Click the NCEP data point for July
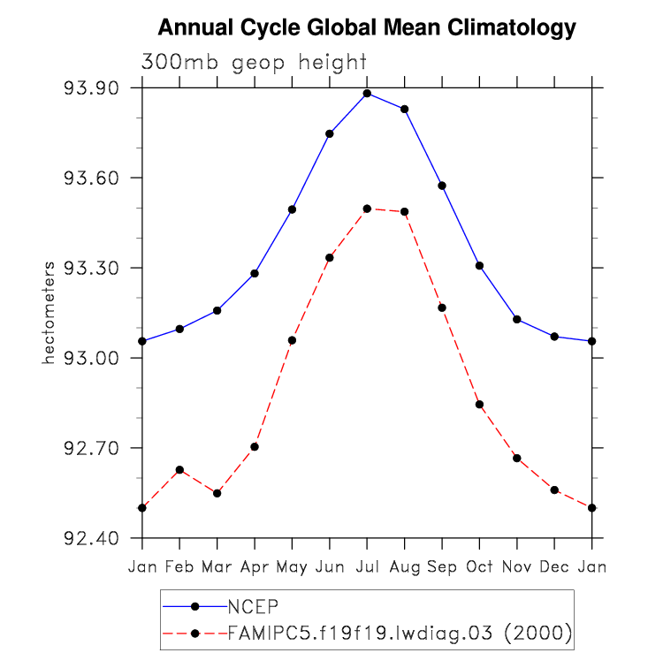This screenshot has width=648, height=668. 367,93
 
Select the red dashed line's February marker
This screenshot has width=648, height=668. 179,469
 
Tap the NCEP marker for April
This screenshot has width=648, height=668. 255,273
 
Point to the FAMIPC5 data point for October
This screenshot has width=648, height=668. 479,404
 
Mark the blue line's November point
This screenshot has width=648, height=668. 516,319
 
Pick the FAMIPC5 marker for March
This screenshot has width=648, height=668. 217,492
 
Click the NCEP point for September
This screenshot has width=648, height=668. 442,186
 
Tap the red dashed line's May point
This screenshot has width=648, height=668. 292,340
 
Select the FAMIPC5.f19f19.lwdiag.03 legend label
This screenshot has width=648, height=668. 398,633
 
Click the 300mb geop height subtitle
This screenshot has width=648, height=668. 254,63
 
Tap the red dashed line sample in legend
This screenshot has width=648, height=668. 194,633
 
